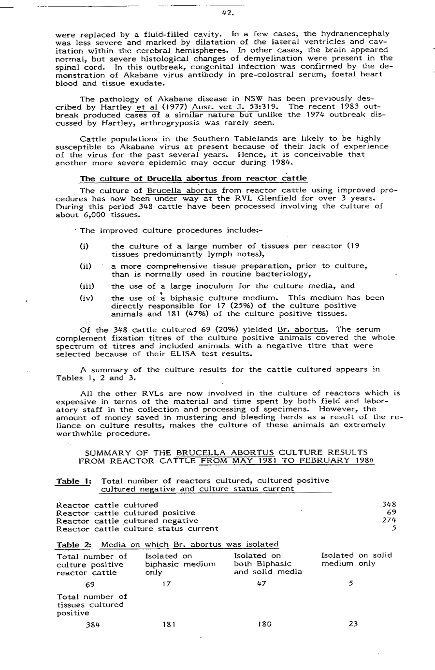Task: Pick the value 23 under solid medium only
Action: pos(353,624)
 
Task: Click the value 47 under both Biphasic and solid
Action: pos(261,583)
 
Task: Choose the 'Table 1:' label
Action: pos(71,481)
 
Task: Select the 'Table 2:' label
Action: pos(71,545)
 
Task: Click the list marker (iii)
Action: pos(86,286)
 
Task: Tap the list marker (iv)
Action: pos(86,298)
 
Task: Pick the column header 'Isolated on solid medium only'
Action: pos(356,560)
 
